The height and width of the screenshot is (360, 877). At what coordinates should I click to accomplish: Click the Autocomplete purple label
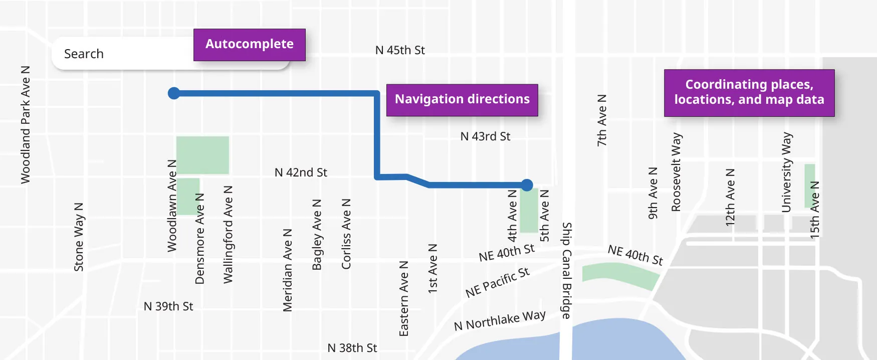point(249,45)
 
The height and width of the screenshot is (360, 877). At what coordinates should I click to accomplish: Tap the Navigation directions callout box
point(462,100)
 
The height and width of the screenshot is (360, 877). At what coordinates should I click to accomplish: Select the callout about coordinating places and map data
point(749,93)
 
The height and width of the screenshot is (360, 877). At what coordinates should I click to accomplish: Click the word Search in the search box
point(84,54)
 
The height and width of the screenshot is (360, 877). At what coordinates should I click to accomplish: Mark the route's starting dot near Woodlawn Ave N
point(174,93)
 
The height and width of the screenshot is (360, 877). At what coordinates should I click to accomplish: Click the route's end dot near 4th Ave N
point(527,185)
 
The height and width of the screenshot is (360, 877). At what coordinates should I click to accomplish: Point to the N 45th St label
point(400,51)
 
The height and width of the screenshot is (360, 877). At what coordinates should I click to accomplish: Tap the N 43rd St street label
point(485,136)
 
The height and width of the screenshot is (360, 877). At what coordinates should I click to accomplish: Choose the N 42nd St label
point(301,172)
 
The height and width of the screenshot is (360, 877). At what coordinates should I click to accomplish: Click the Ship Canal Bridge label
point(566,270)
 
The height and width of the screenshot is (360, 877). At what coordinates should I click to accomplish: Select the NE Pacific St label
point(497,282)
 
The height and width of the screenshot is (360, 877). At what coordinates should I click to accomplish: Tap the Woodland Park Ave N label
point(26,124)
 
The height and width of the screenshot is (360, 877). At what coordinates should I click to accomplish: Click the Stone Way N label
point(79,237)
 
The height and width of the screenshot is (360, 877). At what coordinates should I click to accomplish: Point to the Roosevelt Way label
point(676,172)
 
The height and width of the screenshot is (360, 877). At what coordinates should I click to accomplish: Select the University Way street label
point(786,172)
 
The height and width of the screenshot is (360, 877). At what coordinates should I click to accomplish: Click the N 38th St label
point(352,348)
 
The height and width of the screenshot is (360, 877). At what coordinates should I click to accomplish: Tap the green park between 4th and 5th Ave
point(529,211)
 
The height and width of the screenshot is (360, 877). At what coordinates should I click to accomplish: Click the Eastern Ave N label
point(404,298)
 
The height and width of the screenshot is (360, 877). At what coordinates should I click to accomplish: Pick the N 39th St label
point(168,306)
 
